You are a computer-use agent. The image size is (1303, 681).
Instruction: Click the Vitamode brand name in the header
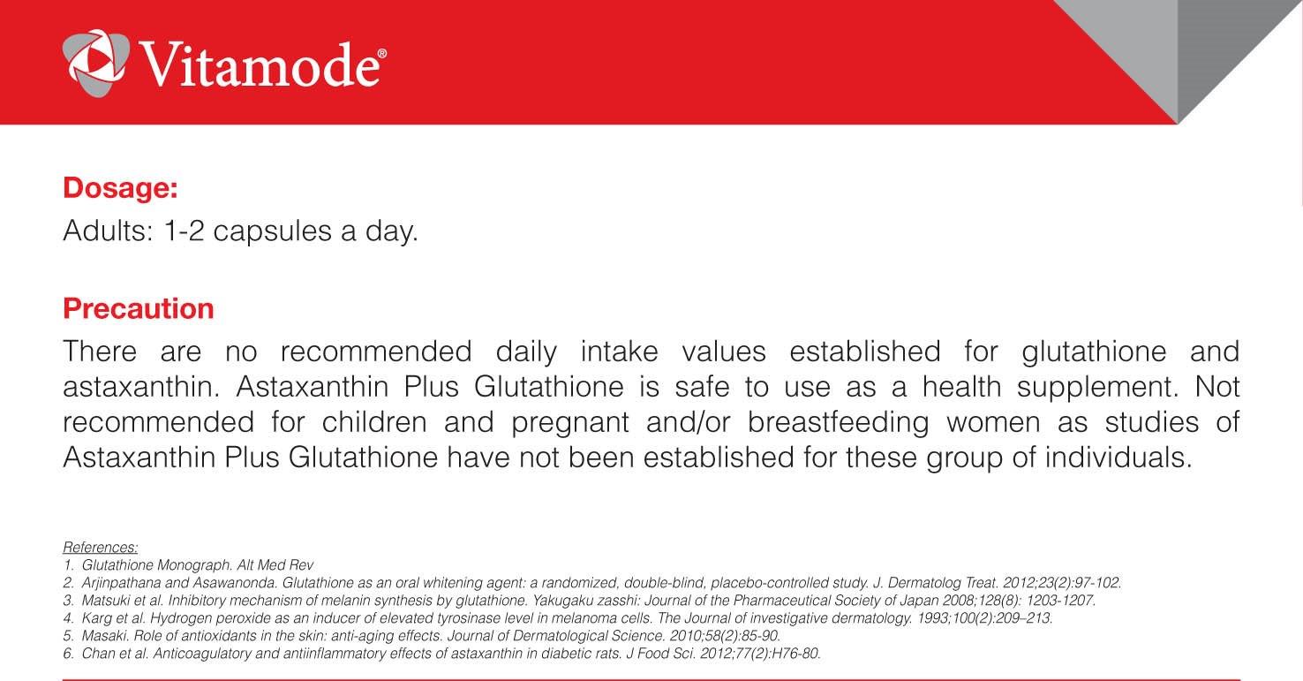click(260, 64)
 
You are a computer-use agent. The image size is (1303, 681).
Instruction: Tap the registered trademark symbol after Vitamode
click(382, 54)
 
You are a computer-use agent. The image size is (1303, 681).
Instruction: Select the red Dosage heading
click(120, 188)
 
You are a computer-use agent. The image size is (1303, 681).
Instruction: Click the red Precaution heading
click(139, 308)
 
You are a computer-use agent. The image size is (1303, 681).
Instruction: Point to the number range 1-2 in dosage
click(185, 231)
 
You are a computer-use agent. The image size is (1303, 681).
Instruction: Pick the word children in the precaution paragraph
click(374, 422)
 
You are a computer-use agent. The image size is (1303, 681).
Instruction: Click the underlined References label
click(100, 547)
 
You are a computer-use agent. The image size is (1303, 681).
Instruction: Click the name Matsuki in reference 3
click(102, 600)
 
